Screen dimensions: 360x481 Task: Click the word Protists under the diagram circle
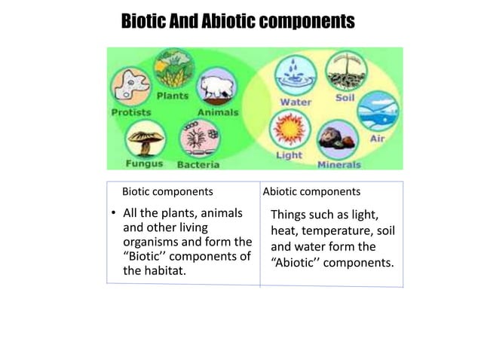[x=131, y=112]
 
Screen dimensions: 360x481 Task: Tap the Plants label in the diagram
[x=172, y=96]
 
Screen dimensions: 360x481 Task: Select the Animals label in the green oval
[x=217, y=112]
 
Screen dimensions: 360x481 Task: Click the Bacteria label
[x=198, y=164]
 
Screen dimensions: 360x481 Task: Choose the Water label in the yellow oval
[x=296, y=102]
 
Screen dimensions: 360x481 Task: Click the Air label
[x=378, y=139]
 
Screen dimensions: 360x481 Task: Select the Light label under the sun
[x=289, y=155]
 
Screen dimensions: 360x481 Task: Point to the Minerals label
[x=339, y=164]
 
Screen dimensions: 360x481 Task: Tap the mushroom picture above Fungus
[x=144, y=139]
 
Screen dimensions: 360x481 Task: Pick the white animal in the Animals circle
[x=216, y=87]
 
